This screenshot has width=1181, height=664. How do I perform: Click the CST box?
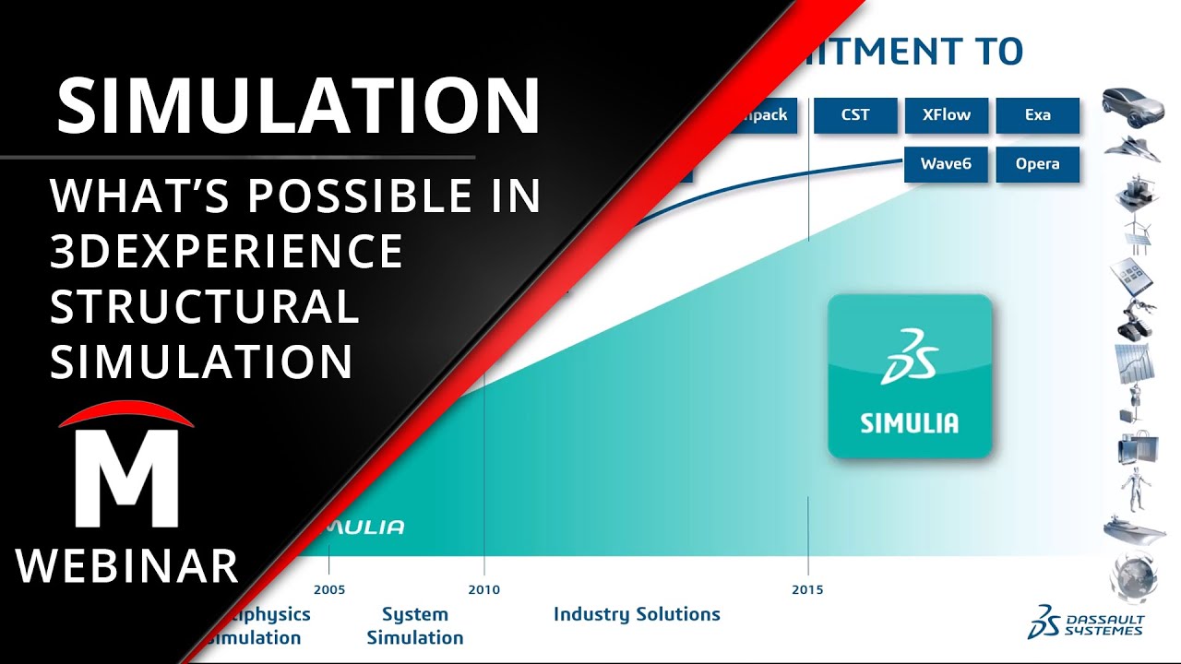[x=855, y=116]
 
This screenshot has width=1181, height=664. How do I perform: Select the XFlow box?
[x=946, y=116]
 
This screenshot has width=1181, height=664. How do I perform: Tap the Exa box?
[x=1037, y=116]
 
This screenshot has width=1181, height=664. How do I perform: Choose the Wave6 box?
[x=946, y=164]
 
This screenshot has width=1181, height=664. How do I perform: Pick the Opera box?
[x=1037, y=164]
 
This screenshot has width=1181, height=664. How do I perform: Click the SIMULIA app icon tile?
[x=910, y=376]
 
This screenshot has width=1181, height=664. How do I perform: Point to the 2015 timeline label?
[x=807, y=590]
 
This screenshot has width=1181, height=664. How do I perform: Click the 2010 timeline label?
[x=483, y=590]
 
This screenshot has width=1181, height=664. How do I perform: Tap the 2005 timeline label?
[x=329, y=590]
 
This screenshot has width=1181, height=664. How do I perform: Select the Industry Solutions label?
[x=637, y=614]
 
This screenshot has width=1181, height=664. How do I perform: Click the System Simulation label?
[x=415, y=625]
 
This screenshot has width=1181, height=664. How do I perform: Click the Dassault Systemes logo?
[x=1085, y=622]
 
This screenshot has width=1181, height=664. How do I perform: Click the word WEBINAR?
[x=127, y=565]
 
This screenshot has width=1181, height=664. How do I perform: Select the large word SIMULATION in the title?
[x=297, y=106]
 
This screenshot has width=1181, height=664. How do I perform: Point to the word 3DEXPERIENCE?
[x=226, y=251]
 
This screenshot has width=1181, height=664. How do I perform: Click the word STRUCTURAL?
[x=204, y=306]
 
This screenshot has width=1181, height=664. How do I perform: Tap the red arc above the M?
[x=126, y=414]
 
